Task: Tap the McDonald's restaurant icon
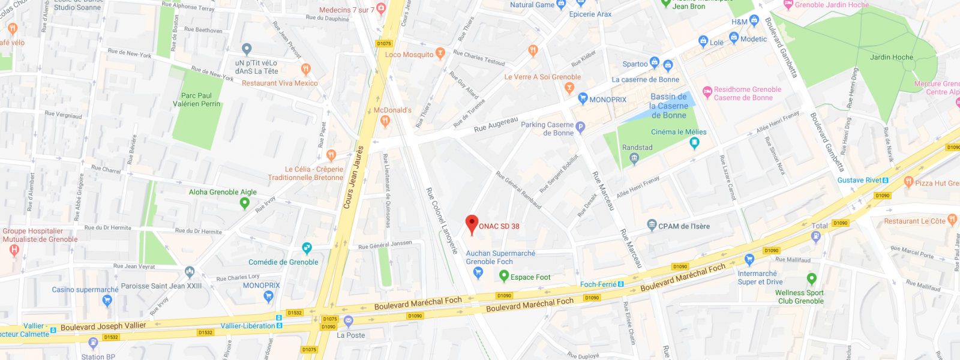(x=385, y=121)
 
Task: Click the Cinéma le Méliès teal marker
(x=694, y=143)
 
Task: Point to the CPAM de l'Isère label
(x=683, y=226)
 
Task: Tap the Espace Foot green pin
(x=504, y=276)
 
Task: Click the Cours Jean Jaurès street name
(x=353, y=177)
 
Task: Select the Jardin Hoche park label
(x=891, y=57)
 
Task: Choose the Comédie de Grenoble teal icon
(x=307, y=248)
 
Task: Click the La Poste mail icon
(x=348, y=322)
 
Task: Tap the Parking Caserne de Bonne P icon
(x=580, y=127)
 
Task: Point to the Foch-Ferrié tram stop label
(x=598, y=284)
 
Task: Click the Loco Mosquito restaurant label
(x=409, y=55)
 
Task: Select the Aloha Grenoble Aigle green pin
(x=244, y=203)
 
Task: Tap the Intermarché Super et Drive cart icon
(x=749, y=260)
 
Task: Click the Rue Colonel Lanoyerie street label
(x=442, y=220)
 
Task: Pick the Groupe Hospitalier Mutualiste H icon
(x=14, y=251)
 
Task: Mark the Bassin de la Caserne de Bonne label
(x=668, y=106)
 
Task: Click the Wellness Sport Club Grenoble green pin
(x=811, y=279)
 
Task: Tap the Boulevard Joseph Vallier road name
(x=103, y=326)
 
